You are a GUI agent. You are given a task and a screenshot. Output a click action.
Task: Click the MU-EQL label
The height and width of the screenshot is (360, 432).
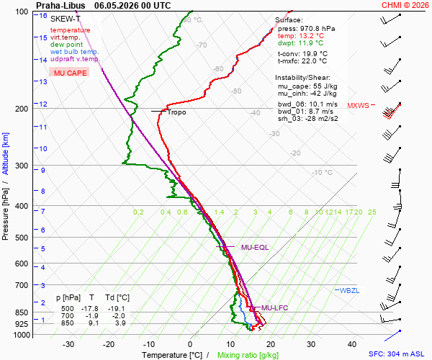point(255,248)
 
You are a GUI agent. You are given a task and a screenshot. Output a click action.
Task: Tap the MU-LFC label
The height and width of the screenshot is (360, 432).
point(274,307)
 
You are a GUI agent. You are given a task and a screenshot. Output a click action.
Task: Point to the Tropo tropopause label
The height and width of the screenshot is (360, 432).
point(176,112)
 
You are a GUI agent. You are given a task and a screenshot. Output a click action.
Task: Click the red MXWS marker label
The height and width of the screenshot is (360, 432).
point(358,106)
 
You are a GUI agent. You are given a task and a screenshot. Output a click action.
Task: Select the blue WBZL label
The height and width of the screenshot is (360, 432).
point(349,291)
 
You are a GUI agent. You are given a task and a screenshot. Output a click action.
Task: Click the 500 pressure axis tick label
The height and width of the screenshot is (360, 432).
point(22,238)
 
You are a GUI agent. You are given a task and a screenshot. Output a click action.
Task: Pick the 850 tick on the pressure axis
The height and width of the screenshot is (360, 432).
point(22,313)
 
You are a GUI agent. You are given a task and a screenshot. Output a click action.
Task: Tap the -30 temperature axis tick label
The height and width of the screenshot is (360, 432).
point(68,344)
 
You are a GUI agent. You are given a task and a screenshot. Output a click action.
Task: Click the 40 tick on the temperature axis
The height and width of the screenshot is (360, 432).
point(352,344)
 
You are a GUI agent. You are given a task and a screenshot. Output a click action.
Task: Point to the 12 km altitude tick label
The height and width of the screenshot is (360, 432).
point(43,104)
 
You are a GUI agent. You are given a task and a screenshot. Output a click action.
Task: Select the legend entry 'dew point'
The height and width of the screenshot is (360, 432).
point(66,45)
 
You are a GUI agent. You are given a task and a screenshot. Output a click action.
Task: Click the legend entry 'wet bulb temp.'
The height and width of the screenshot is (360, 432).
point(74,52)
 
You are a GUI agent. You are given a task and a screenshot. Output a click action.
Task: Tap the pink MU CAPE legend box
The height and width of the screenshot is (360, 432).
point(69,72)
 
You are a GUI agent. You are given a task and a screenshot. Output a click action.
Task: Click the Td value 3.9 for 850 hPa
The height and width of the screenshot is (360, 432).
point(120,323)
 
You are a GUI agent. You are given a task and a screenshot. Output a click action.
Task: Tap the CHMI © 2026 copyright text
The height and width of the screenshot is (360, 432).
point(405,5)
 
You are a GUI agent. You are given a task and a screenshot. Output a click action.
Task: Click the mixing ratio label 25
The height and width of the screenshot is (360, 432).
point(372,212)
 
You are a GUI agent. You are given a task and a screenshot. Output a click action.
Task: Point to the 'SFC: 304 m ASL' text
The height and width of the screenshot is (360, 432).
point(397,354)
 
